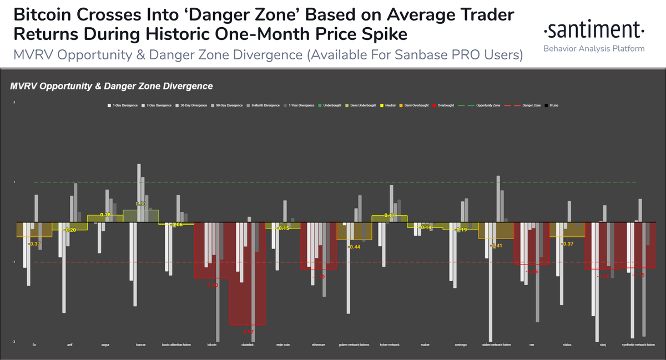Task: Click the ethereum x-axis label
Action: (318, 345)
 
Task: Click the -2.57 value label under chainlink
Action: (247, 332)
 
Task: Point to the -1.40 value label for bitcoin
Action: (211, 285)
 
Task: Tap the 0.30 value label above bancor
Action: (141, 204)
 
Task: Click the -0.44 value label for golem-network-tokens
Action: (354, 247)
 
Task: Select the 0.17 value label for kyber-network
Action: (390, 215)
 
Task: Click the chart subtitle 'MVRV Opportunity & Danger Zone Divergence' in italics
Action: (112, 87)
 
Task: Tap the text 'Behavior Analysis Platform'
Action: (593, 49)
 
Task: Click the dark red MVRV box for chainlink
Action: (247, 300)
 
